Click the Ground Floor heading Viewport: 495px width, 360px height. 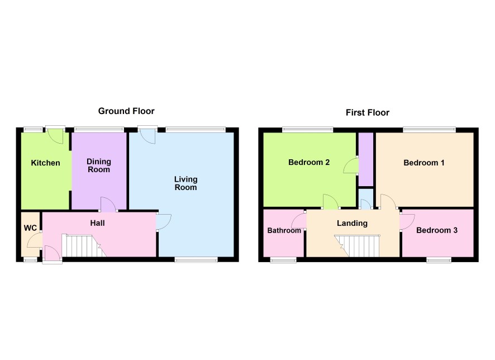point(126,111)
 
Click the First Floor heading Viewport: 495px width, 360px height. point(368,112)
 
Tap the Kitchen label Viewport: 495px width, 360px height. point(45,163)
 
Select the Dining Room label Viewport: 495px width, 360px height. point(99,165)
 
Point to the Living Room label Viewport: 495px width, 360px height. point(185,183)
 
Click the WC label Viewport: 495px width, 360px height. point(30,228)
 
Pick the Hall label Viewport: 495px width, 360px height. point(97,223)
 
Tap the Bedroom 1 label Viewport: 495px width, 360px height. point(424,163)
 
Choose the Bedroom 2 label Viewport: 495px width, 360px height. point(309,162)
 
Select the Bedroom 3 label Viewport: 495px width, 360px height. point(437,230)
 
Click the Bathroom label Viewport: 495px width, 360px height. point(284,230)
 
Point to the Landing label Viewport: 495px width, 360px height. point(353,224)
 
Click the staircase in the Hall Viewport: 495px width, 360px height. point(83,245)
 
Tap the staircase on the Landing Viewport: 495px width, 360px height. point(358,246)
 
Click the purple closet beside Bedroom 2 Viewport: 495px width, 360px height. point(366,159)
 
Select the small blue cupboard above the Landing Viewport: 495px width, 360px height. point(366,198)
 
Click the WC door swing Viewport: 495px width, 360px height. point(35,240)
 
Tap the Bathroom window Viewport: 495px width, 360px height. point(283,260)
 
